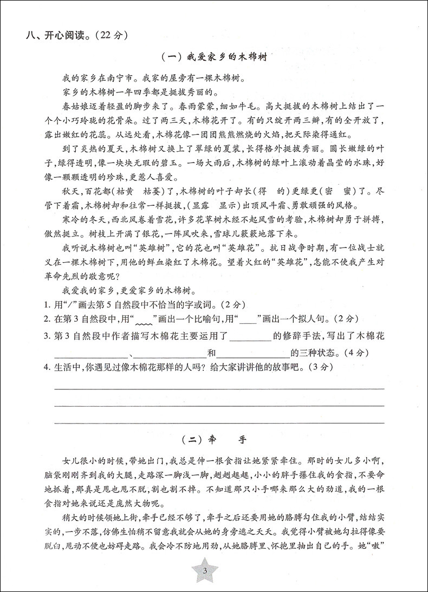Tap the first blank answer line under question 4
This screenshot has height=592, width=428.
point(219,388)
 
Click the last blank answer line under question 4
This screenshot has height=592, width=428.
point(219,422)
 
